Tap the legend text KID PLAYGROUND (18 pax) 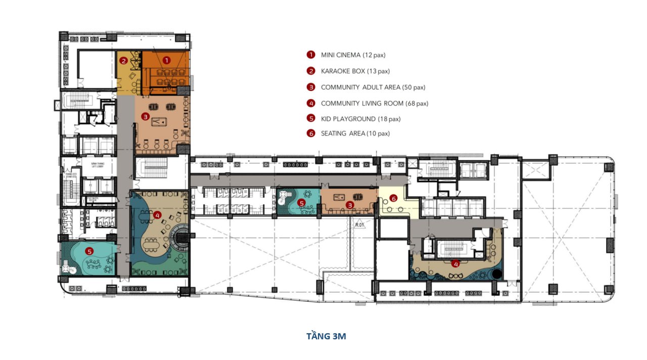[360, 119]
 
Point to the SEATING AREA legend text [355, 134]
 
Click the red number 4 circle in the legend [311, 103]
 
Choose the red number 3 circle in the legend [311, 87]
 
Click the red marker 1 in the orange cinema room [166, 60]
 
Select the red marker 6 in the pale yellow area [394, 199]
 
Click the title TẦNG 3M [326, 336]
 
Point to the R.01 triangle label [360, 224]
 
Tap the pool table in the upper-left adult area [160, 122]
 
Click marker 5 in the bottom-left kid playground [89, 250]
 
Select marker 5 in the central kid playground [302, 203]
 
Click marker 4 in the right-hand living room [455, 263]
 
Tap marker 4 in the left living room [158, 215]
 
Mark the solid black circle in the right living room [497, 275]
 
